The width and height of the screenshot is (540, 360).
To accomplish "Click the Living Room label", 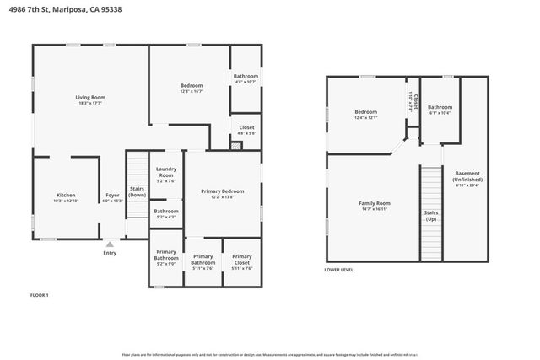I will [90, 98].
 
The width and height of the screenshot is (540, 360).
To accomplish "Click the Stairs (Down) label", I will [137, 191].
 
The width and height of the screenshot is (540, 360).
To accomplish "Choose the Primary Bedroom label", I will [222, 191].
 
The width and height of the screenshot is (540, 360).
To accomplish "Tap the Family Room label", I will [375, 203].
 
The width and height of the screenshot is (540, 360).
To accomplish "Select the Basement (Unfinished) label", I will [467, 176].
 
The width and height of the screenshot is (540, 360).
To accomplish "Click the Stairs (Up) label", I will [430, 215].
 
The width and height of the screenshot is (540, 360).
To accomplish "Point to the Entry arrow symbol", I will [110, 244].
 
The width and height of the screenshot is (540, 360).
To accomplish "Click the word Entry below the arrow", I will [110, 253].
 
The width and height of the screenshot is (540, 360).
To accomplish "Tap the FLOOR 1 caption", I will [40, 295].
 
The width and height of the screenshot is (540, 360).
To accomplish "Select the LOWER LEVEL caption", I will [339, 270].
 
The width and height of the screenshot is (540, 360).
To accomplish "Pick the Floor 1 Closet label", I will [246, 127].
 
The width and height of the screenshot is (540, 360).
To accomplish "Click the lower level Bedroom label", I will [365, 112].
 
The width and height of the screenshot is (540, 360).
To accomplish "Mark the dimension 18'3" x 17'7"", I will [90, 104].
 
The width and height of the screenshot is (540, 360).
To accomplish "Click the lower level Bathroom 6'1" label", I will [440, 107].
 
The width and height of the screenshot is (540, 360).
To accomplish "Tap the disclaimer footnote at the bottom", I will [270, 355].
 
